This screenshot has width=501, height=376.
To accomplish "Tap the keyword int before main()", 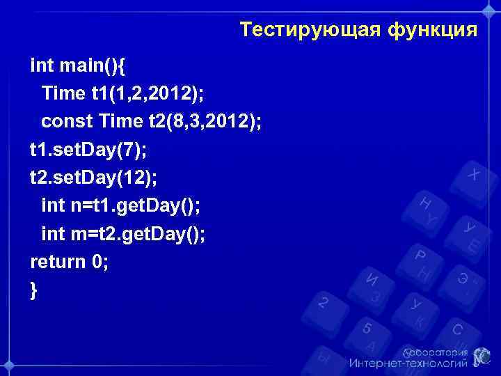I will pyautogui.click(x=40, y=65).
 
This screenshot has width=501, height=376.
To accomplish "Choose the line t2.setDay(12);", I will pyautogui.click(x=93, y=178).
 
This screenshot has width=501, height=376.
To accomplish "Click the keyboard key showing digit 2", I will pyautogui.click(x=323, y=302).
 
